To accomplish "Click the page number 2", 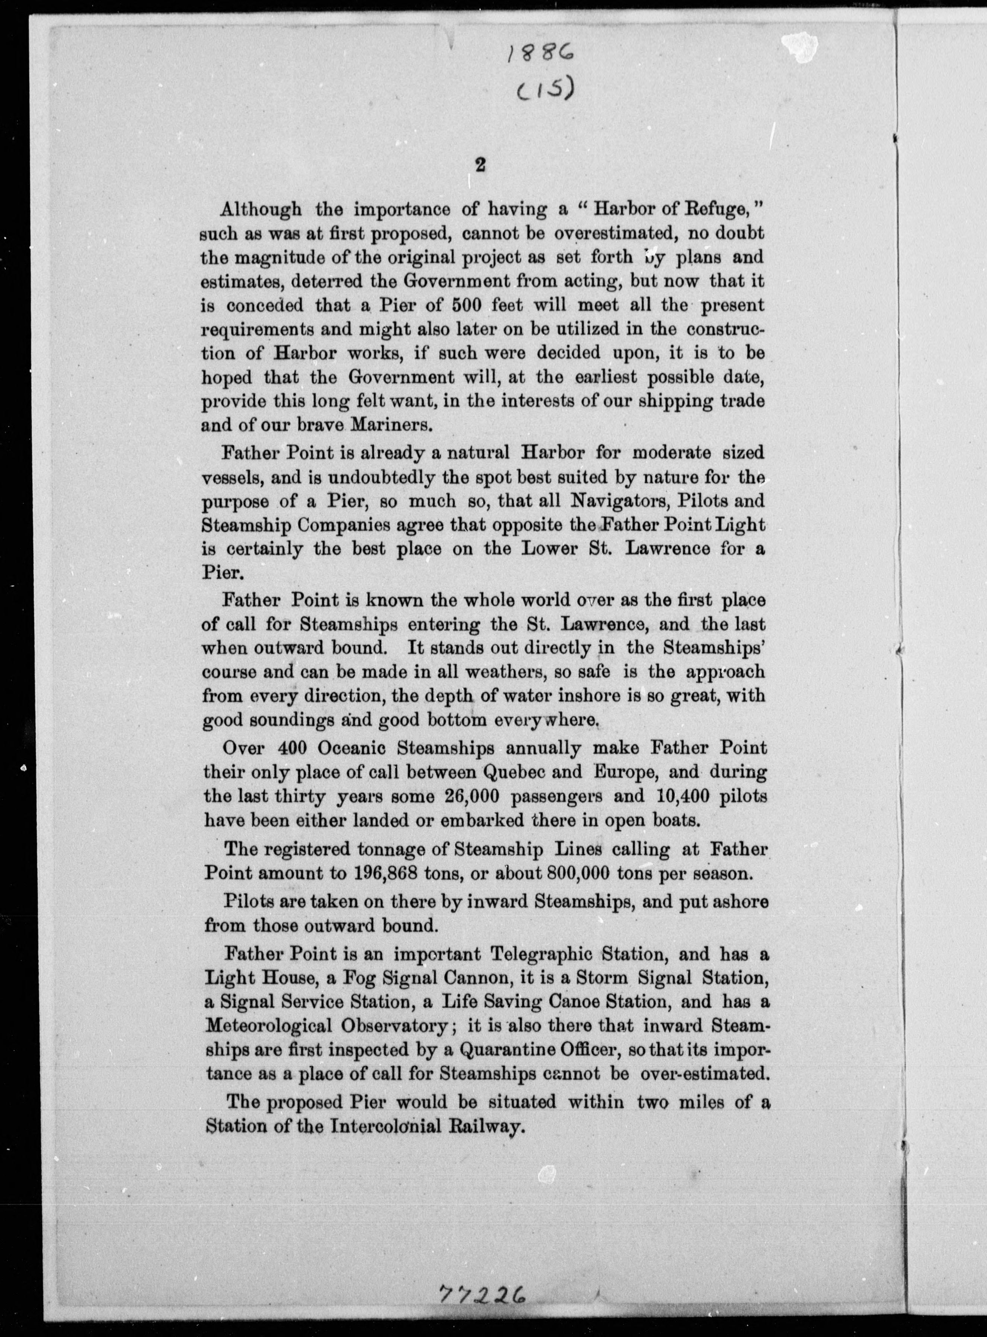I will pos(479,166).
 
